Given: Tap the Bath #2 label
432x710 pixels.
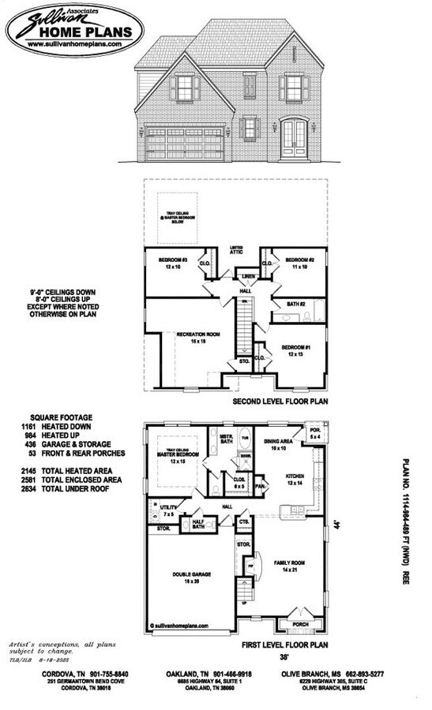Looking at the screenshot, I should coord(296,303).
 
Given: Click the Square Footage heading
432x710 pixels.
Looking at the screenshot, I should coord(61,417).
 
